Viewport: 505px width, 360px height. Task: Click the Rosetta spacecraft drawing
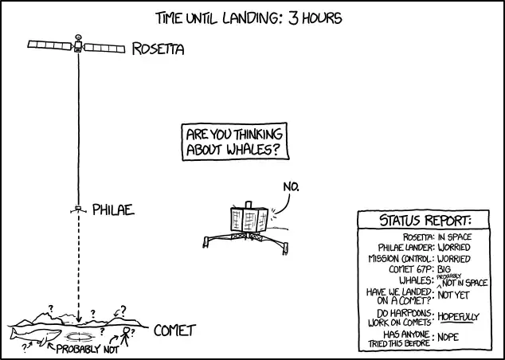76,45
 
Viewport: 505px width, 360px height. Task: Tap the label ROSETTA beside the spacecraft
159,49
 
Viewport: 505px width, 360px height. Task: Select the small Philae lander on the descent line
78,209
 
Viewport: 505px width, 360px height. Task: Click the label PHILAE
113,210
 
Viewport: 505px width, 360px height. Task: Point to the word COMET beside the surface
175,331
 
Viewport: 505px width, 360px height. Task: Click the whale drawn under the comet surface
35,336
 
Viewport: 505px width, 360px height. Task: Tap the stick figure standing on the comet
125,336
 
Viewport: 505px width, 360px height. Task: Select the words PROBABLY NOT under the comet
88,349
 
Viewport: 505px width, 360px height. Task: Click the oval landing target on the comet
79,337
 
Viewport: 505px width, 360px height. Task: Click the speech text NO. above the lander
292,186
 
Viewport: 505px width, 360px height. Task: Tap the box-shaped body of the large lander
249,220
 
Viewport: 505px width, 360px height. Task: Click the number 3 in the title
293,18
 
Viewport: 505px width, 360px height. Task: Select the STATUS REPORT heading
425,221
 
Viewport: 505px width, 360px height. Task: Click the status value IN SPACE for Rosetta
455,237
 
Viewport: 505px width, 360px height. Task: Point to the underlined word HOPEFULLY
459,317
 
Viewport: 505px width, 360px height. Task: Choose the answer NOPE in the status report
448,337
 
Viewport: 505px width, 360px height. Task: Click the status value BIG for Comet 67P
444,269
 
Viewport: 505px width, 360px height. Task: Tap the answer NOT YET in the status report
453,295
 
